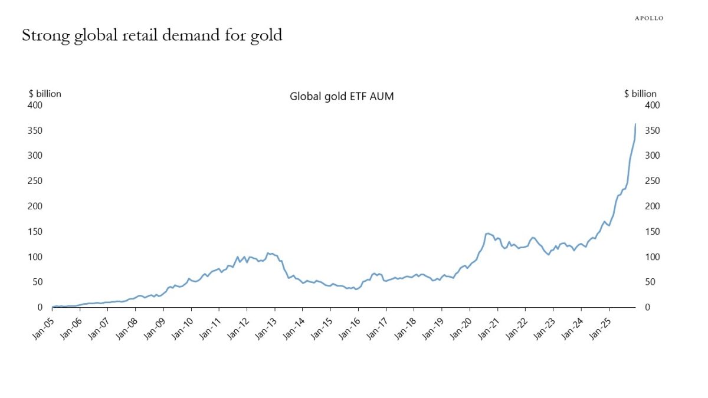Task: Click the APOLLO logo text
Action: (x=648, y=18)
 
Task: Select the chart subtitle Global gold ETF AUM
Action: (x=342, y=97)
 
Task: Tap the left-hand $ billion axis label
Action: (x=45, y=93)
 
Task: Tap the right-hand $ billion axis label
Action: (x=640, y=93)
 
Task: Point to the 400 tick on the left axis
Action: (x=36, y=105)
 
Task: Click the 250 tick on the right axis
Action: (x=652, y=181)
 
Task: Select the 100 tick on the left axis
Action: (x=36, y=257)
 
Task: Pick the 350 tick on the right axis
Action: (x=652, y=130)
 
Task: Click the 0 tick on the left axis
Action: (x=41, y=307)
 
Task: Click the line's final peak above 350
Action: (x=635, y=124)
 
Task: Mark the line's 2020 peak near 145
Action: (x=487, y=233)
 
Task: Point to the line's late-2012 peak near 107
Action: (x=268, y=253)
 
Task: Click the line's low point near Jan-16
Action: (x=356, y=290)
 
